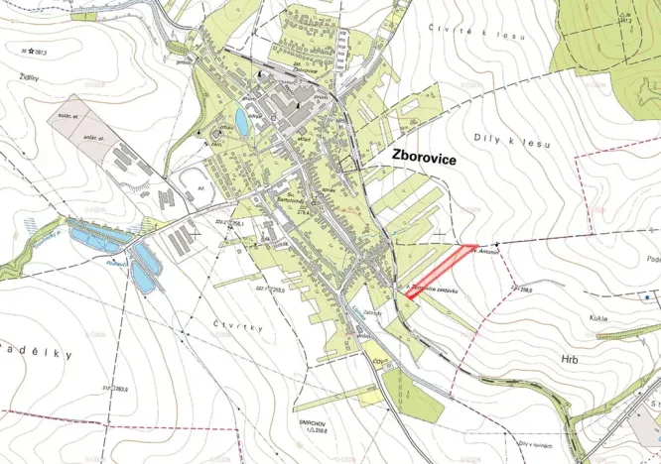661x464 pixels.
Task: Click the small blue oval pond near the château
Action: pos(242,122)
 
